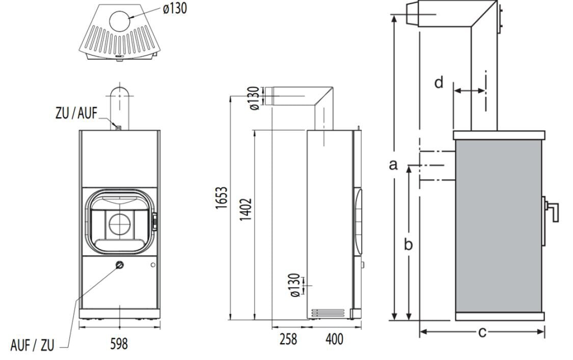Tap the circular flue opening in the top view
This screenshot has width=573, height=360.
119,20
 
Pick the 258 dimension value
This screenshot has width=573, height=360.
288,339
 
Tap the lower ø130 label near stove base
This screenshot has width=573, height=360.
295,286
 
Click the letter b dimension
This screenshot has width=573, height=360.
408,244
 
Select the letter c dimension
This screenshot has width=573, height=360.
482,332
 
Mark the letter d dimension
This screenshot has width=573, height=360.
439,82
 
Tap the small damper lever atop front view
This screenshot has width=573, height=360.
118,127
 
